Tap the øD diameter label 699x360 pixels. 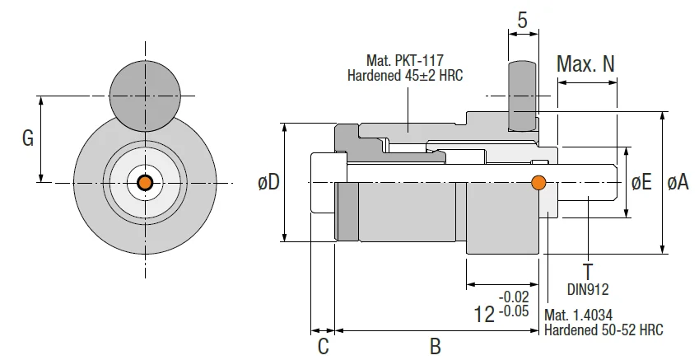[x=268, y=183]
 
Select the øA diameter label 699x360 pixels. [x=678, y=182]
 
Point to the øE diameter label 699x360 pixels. [x=641, y=182]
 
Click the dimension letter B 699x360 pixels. [x=436, y=346]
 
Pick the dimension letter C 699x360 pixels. [x=323, y=346]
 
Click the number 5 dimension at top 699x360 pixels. [x=522, y=20]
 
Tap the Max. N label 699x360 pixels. [x=585, y=64]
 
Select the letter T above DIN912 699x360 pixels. [x=587, y=271]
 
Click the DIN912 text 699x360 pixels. [x=587, y=288]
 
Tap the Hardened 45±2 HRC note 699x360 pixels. [x=405, y=75]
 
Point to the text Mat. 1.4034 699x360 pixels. [x=579, y=315]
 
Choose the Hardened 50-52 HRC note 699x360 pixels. [x=603, y=330]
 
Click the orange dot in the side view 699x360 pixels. [x=539, y=182]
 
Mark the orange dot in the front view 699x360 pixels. [x=145, y=182]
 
